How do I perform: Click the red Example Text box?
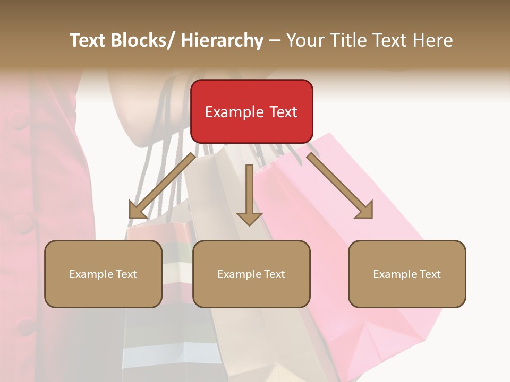(x=251, y=111)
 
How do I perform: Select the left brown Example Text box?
(x=103, y=274)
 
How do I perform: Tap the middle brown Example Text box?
(x=251, y=274)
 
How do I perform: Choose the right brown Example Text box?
(x=407, y=274)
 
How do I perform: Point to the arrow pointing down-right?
(x=341, y=186)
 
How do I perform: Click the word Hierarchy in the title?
(x=222, y=40)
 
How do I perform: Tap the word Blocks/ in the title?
(x=143, y=40)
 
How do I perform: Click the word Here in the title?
(x=432, y=40)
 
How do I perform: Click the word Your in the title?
(x=304, y=40)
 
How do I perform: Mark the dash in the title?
(x=275, y=40)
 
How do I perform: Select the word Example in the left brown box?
(x=90, y=274)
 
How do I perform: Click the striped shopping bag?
(x=159, y=329)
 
